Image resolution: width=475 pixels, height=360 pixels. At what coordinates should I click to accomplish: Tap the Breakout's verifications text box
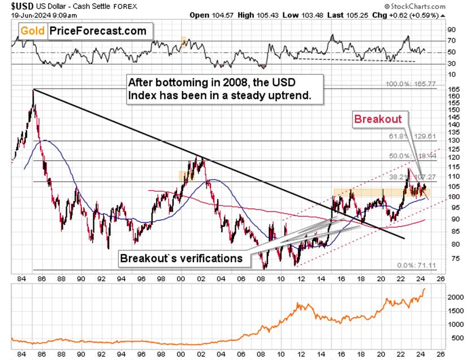[182, 259]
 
